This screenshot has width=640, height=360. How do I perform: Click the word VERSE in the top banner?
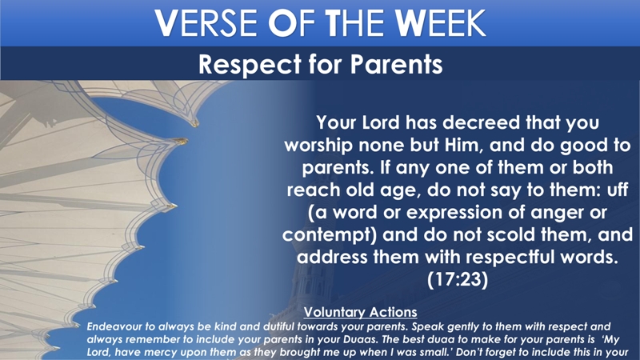click(x=206, y=23)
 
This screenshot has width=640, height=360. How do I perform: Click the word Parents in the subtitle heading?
click(x=396, y=65)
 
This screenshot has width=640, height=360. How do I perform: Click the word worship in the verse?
click(x=318, y=146)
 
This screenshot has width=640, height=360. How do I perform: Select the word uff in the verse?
click(x=617, y=190)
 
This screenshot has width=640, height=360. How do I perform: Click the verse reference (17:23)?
click(x=457, y=280)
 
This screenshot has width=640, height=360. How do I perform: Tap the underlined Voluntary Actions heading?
click(x=361, y=312)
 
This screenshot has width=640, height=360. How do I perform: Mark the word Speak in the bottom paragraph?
click(x=424, y=327)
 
